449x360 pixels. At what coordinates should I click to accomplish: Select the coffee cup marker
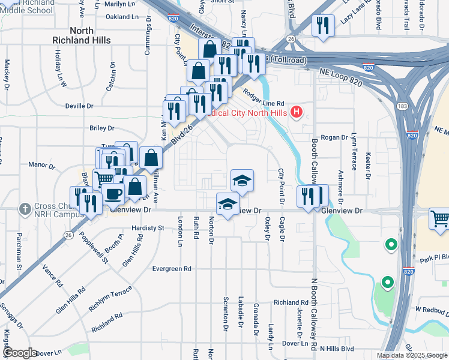(113, 194)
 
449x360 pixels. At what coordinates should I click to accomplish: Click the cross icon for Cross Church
(24, 209)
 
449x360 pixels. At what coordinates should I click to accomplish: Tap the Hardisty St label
(148, 228)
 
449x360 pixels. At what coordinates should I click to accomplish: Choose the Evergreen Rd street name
(171, 269)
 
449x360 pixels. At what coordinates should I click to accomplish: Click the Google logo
(20, 352)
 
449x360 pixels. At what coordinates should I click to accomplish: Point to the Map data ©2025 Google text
(412, 355)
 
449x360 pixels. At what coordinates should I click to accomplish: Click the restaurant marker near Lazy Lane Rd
(323, 26)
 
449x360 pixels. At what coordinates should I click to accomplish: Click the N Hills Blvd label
(337, 348)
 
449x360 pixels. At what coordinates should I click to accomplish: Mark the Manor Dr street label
(41, 164)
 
